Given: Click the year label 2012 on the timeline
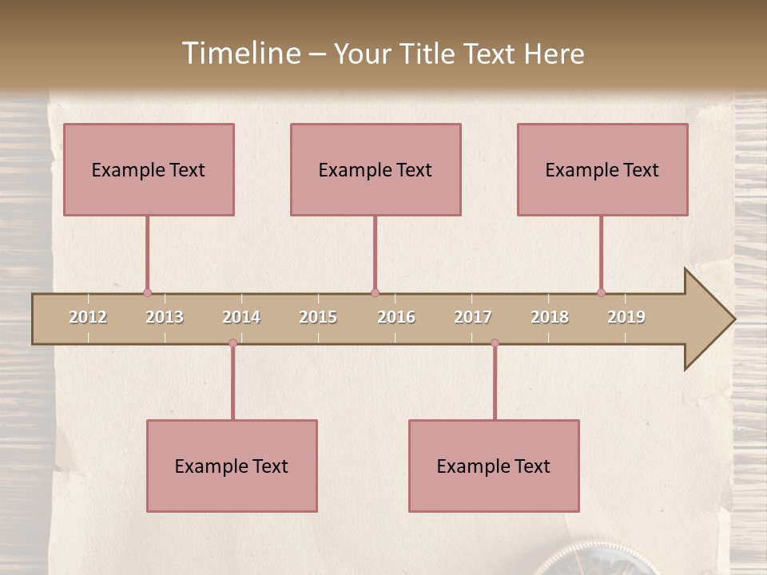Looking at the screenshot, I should point(88,317).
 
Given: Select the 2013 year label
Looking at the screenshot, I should point(165,317).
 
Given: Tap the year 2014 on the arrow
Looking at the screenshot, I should point(241,317).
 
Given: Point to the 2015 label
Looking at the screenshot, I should point(318,317).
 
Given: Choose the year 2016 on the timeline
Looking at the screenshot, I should point(396,317).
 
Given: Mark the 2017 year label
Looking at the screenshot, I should point(473,317).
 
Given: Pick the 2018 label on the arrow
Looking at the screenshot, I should point(550,317).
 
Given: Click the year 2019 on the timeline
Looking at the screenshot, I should point(626,317).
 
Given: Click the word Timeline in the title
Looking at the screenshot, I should point(240,54).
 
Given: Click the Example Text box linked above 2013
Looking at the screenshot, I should point(149,169).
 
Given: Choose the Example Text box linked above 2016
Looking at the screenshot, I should point(376,169).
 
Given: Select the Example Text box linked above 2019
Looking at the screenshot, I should point(602,169).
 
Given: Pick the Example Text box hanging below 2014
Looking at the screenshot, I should point(232,466).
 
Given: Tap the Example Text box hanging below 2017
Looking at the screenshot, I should point(494,466).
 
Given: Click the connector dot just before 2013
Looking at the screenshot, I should point(147,292).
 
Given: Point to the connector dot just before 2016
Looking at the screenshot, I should point(375,292).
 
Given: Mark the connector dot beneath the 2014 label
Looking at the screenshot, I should point(232,343).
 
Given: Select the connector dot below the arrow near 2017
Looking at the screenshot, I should point(495,343).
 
